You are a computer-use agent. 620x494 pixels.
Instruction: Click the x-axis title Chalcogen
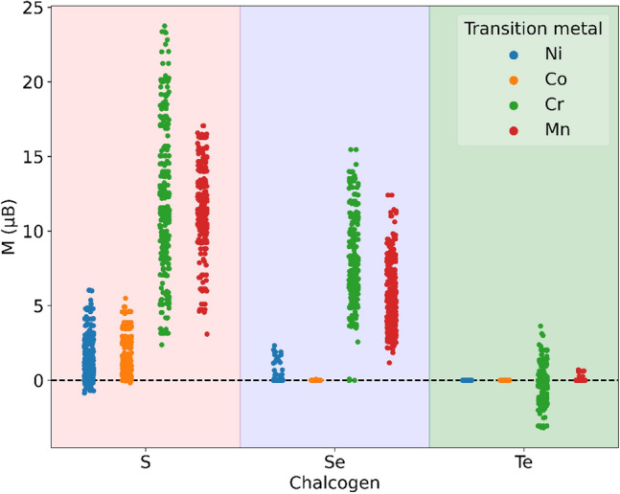click(x=334, y=481)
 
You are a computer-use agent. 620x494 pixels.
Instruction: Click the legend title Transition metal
click(x=533, y=30)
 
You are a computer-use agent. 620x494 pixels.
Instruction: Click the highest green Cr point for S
click(x=165, y=27)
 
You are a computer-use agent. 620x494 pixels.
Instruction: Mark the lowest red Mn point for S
click(x=205, y=334)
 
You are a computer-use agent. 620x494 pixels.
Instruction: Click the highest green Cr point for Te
click(x=540, y=326)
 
